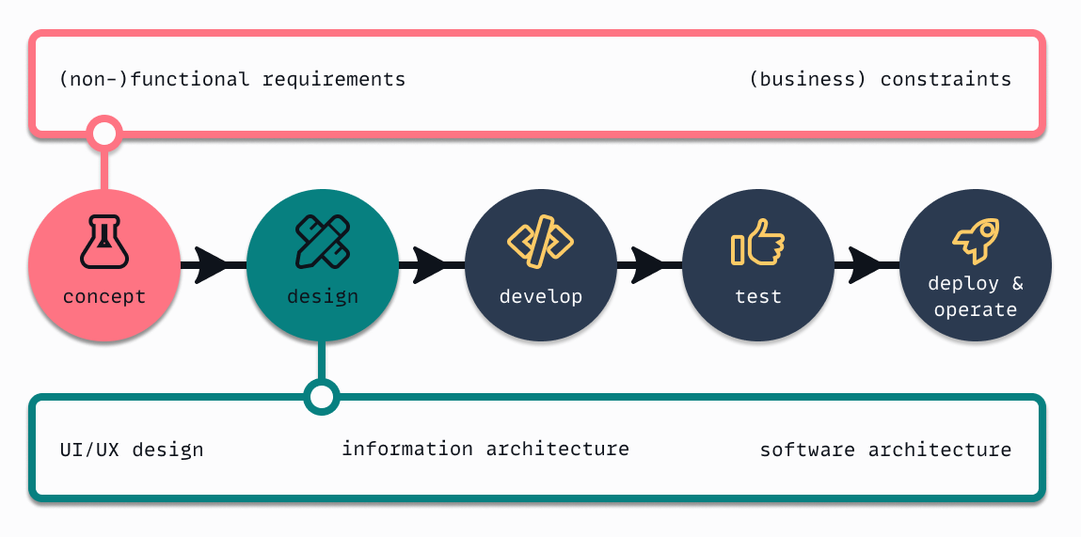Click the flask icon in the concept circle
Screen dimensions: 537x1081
103,241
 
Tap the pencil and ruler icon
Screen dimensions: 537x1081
323,241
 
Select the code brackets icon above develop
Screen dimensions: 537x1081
541,242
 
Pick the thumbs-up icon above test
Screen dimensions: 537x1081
757,243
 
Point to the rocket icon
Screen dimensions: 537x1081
976,241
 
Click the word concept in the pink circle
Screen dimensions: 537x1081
103,297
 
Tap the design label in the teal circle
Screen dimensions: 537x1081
323,297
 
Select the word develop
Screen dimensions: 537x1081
541,297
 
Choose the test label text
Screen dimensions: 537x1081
757,297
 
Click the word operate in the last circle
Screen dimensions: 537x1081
976,309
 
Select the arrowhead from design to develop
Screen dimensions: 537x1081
430,264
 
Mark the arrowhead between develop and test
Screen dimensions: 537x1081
648,264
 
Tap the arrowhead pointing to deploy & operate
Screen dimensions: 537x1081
866,264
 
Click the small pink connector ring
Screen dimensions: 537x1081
104,133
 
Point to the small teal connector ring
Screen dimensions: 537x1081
322,396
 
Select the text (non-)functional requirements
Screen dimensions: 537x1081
232,79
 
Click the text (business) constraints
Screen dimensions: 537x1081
880,79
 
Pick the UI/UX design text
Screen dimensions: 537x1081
132,450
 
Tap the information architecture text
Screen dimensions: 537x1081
485,449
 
